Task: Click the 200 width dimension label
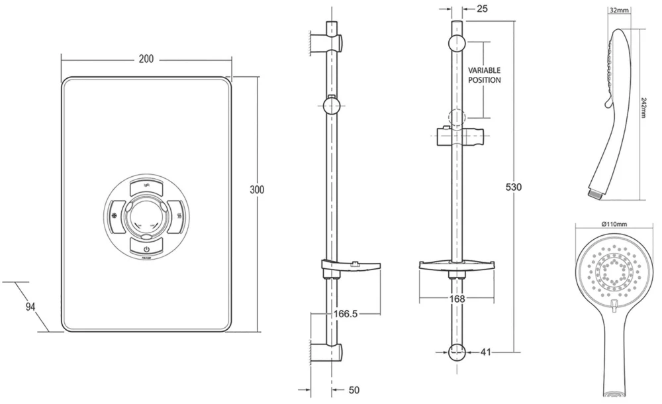coord(146,59)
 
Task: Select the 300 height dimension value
coord(257,190)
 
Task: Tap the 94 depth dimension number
coord(30,307)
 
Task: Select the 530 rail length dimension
coord(513,187)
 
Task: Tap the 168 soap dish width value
coord(456,299)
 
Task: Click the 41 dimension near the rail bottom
coord(485,352)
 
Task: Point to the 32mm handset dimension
coord(618,11)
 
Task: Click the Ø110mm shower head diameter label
coord(614,225)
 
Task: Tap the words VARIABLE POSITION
coord(484,75)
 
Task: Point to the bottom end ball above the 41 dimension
coord(456,352)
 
